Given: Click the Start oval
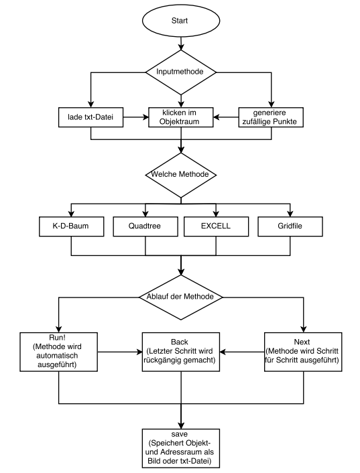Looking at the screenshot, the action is [181, 21].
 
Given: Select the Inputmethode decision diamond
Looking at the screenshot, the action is [181, 72].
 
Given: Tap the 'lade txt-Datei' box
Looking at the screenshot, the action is [91, 117].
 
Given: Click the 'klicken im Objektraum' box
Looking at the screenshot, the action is [181, 117].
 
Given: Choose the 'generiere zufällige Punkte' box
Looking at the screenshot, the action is [271, 117].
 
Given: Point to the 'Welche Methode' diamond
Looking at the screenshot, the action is [181, 175].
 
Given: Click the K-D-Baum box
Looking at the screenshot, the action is [71, 226].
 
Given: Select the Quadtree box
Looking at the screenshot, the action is [145, 226].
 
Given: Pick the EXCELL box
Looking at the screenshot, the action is [216, 226].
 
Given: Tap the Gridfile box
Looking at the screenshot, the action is [290, 226].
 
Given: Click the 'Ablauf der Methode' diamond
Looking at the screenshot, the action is [181, 297].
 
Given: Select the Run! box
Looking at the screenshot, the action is [58, 352].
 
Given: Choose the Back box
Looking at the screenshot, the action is [181, 352].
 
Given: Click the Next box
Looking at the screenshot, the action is [303, 352].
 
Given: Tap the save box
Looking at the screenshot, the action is [181, 448].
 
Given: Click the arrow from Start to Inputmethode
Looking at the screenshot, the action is [181, 44].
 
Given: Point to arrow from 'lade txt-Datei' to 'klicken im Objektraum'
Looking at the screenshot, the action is [136, 117].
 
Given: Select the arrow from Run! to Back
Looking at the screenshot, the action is [120, 352].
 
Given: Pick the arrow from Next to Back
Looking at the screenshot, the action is [242, 352].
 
